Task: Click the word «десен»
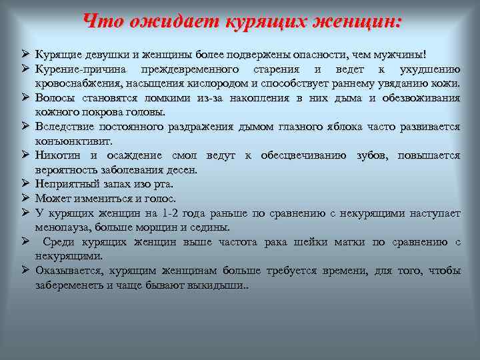click(180, 170)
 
